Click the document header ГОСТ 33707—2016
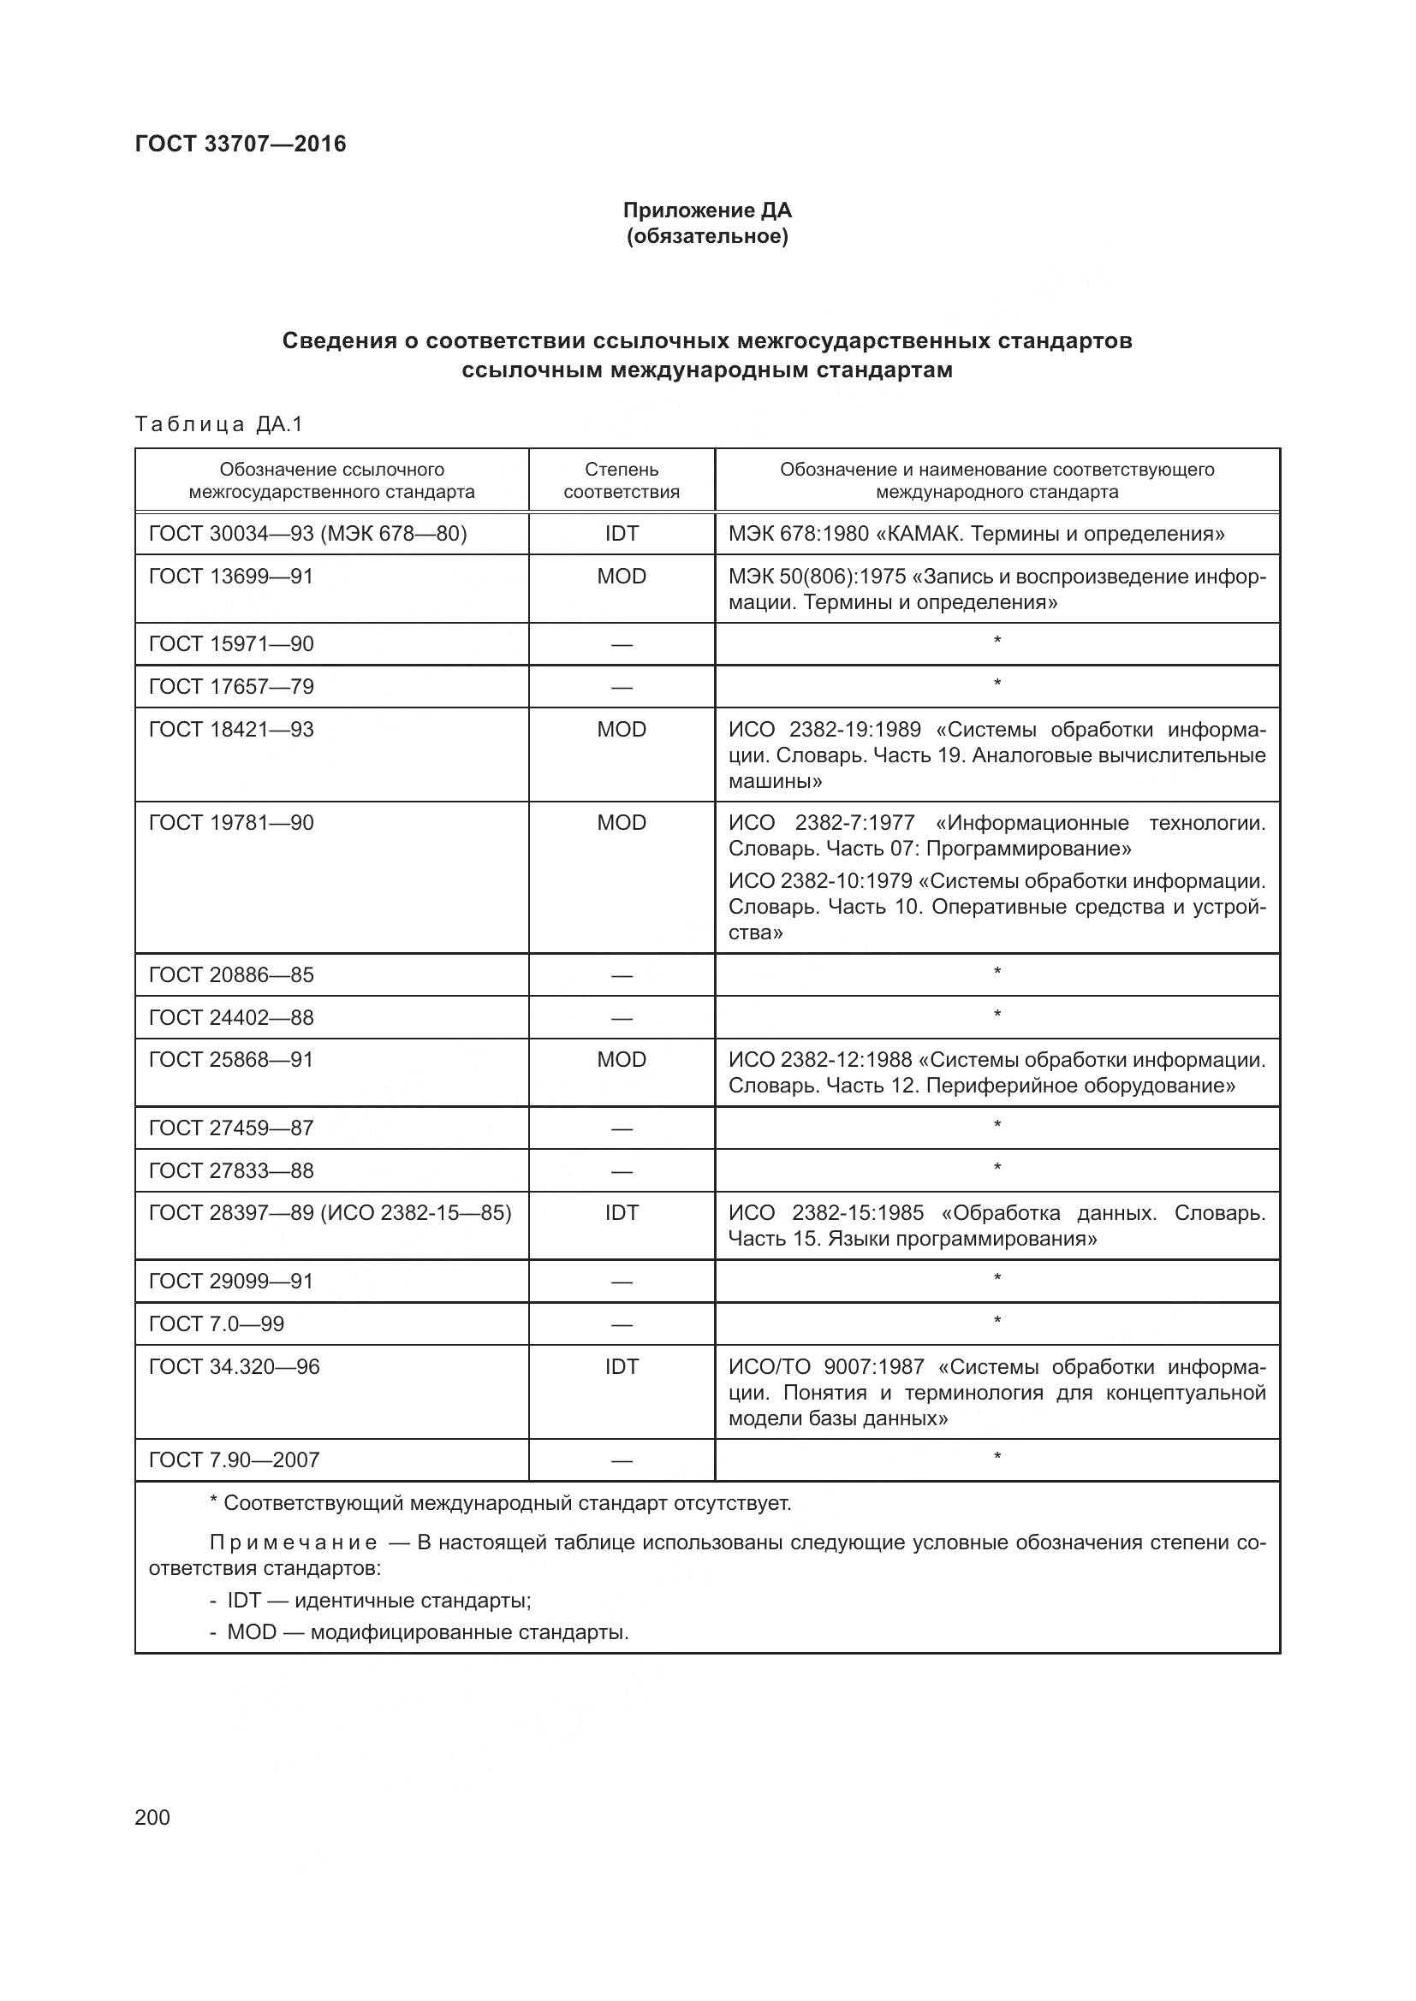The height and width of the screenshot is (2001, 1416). tap(241, 144)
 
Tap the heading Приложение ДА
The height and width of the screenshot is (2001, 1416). tap(707, 210)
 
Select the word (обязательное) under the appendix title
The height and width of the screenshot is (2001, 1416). tap(707, 237)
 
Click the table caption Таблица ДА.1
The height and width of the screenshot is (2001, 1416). tap(219, 424)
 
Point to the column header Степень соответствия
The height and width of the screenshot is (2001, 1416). tap(621, 480)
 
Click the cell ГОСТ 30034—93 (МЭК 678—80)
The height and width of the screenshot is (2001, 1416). tap(308, 533)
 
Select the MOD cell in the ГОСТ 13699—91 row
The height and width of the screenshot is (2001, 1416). tap(621, 576)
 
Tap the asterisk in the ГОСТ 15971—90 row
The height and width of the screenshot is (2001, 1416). tap(997, 642)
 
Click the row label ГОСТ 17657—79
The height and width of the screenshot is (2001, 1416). tap(231, 687)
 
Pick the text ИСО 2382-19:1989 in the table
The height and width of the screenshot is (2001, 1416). tap(824, 730)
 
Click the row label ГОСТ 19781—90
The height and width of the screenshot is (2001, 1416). tap(231, 823)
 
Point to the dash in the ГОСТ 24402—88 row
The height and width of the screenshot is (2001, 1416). tap(621, 1018)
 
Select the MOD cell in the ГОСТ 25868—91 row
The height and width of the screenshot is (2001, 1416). tap(621, 1060)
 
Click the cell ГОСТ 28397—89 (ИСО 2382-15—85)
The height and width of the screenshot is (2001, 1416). tap(330, 1213)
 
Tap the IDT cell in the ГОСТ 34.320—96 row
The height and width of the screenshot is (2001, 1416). tap(621, 1366)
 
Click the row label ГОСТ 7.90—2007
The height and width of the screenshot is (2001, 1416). tap(234, 1459)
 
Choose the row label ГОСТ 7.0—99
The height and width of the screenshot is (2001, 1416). tap(217, 1323)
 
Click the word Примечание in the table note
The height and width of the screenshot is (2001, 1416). tap(293, 1543)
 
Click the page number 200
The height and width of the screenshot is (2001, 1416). tap(152, 1818)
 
